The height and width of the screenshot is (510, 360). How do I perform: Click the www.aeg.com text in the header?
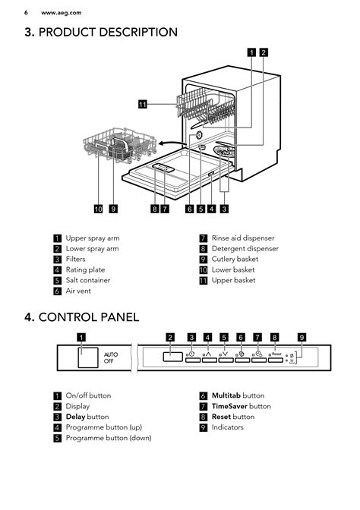pyautogui.click(x=62, y=13)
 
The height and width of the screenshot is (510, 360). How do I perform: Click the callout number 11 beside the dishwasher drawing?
pyautogui.click(x=143, y=104)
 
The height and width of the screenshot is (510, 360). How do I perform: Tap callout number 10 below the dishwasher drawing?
pyautogui.click(x=98, y=209)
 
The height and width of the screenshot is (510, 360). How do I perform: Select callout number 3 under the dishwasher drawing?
pyautogui.click(x=224, y=209)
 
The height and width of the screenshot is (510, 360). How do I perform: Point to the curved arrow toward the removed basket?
pyautogui.click(x=172, y=143)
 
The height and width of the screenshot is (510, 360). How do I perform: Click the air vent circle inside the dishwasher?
pyautogui.click(x=197, y=135)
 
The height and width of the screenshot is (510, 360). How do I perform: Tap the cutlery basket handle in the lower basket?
pyautogui.click(x=121, y=143)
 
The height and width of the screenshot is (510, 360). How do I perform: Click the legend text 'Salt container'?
pyautogui.click(x=88, y=280)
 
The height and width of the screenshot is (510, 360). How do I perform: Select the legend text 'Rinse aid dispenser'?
pyautogui.click(x=243, y=238)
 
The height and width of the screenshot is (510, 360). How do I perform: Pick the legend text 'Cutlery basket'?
pyautogui.click(x=235, y=260)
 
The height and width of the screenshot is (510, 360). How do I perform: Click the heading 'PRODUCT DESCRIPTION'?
pyautogui.click(x=108, y=32)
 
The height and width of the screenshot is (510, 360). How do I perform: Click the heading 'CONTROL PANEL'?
pyautogui.click(x=89, y=317)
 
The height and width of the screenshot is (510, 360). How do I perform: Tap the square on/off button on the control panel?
pyautogui.click(x=88, y=357)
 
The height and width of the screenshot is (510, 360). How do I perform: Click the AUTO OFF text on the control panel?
pyautogui.click(x=111, y=357)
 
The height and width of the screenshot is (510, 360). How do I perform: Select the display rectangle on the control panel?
pyautogui.click(x=173, y=357)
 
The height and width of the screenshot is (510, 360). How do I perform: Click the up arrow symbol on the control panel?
pyautogui.click(x=209, y=354)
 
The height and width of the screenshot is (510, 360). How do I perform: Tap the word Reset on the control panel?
pyautogui.click(x=276, y=354)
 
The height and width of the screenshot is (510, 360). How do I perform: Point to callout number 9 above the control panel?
pyautogui.click(x=302, y=337)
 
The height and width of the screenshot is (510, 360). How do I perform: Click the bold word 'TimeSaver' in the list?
pyautogui.click(x=229, y=406)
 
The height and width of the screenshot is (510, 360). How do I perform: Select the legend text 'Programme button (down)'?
pyautogui.click(x=109, y=438)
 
